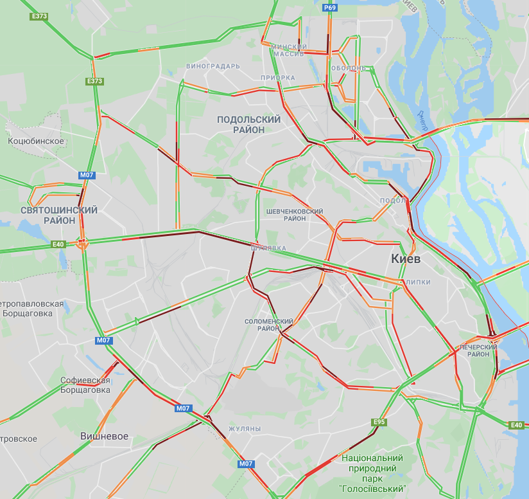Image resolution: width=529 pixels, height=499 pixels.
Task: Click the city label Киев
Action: click(406, 259)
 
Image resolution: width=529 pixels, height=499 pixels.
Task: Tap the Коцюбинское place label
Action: click(36, 141)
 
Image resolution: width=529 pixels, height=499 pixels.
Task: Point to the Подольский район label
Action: click(248, 124)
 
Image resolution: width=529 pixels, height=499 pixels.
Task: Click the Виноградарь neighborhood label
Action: click(212, 66)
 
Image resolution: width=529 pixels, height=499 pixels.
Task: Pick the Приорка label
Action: click(277, 78)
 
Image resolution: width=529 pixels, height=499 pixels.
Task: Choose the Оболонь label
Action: click(349, 68)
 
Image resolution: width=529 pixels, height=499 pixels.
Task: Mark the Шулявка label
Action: click(268, 247)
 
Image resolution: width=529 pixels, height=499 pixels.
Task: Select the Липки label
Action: click(418, 282)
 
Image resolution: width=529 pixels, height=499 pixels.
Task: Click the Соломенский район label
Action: click(269, 325)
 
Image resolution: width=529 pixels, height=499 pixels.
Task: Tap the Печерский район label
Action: click(478, 350)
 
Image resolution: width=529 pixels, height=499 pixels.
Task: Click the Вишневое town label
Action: click(104, 436)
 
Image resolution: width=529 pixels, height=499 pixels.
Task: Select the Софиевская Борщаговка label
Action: click(86, 385)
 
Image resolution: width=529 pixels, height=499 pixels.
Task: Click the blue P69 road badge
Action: click(329, 7)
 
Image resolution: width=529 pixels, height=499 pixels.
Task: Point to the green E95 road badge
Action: click(380, 422)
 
